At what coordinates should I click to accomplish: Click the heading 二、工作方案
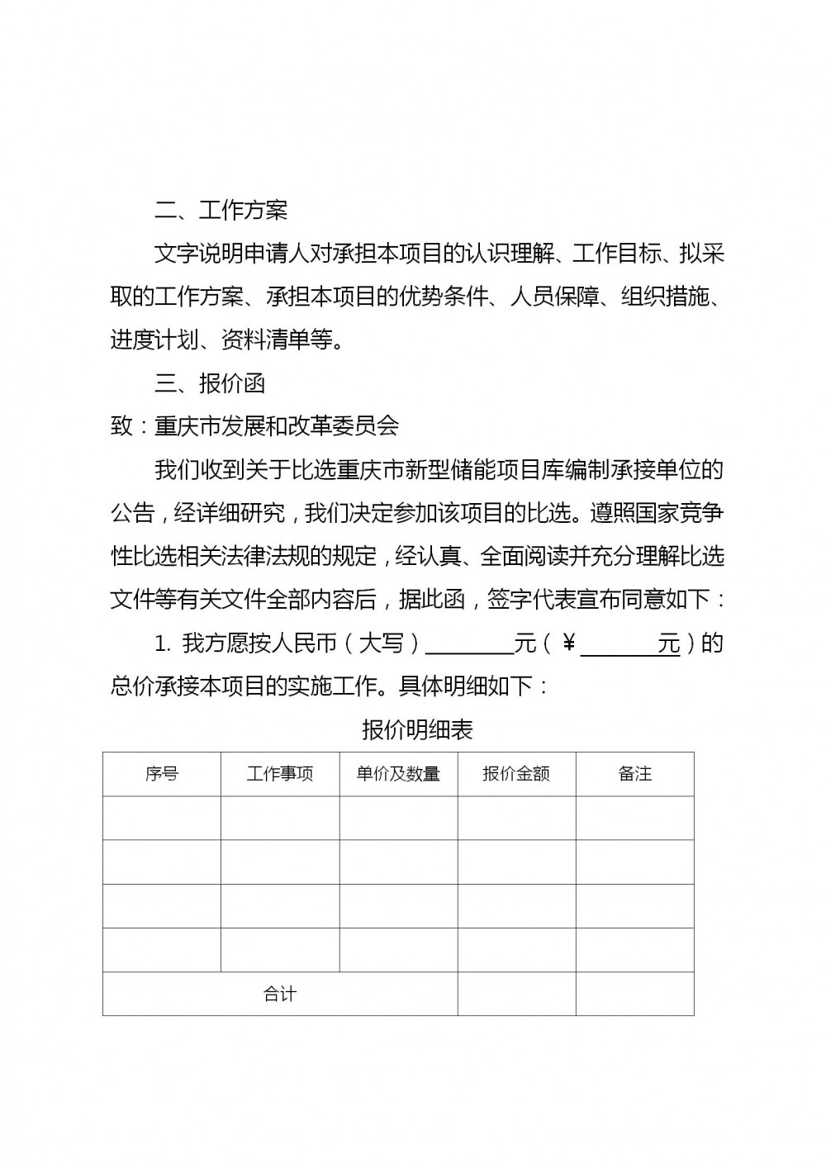coord(221,211)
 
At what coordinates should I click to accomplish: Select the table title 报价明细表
coord(417,730)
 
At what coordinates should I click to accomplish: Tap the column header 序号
coord(162,774)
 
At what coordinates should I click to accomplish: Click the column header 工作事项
coord(280,774)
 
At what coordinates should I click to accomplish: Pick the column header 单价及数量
coord(398,774)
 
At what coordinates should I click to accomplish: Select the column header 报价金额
coord(516,774)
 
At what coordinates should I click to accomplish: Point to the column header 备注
coord(635,774)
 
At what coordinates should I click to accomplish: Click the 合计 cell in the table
coord(280,995)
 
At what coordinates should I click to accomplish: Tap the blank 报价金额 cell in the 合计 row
coord(516,995)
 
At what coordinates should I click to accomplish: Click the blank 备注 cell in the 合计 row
coord(635,995)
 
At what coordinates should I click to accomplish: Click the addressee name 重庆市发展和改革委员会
coord(277,426)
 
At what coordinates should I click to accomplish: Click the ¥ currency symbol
coord(568,643)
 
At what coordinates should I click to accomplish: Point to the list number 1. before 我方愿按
coord(163,643)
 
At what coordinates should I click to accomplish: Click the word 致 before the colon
coord(121,426)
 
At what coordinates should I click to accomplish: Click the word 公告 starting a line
coord(132,513)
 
